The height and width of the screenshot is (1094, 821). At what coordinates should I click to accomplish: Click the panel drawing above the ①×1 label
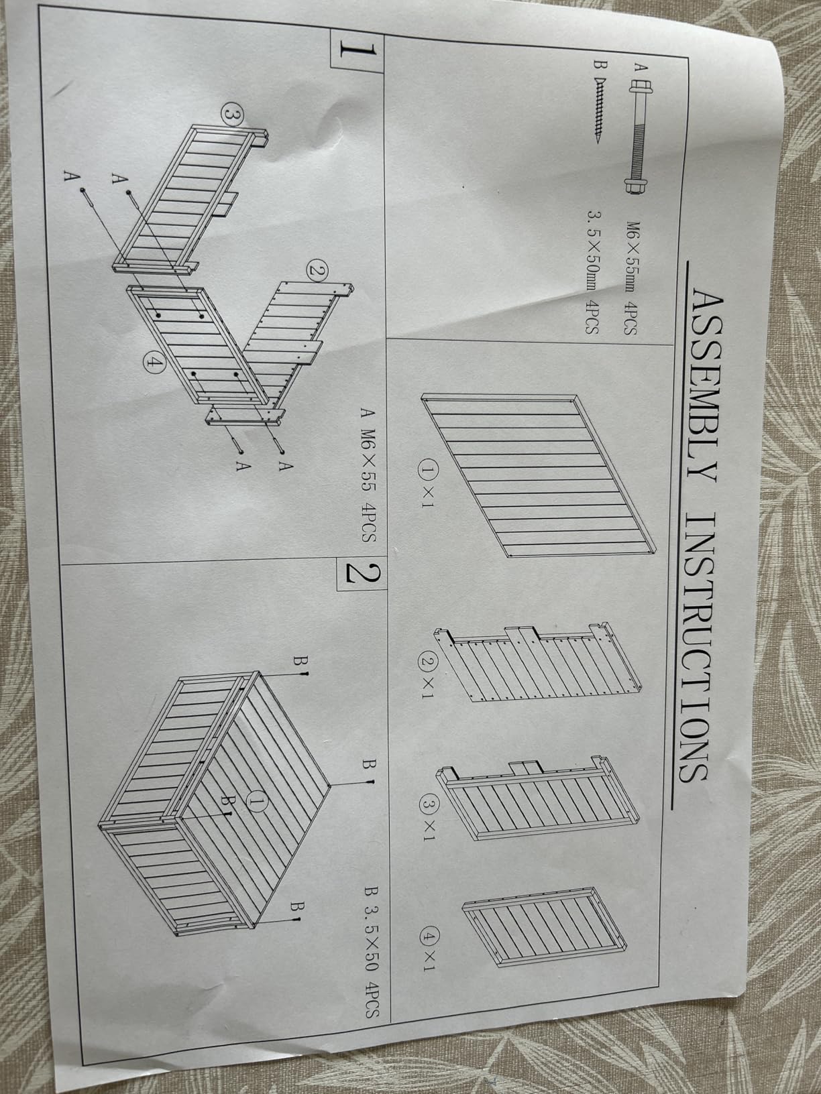coord(539,476)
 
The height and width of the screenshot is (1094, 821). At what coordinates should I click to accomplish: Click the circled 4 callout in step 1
coord(154,363)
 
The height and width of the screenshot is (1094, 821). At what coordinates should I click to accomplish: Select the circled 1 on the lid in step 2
coord(258,802)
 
